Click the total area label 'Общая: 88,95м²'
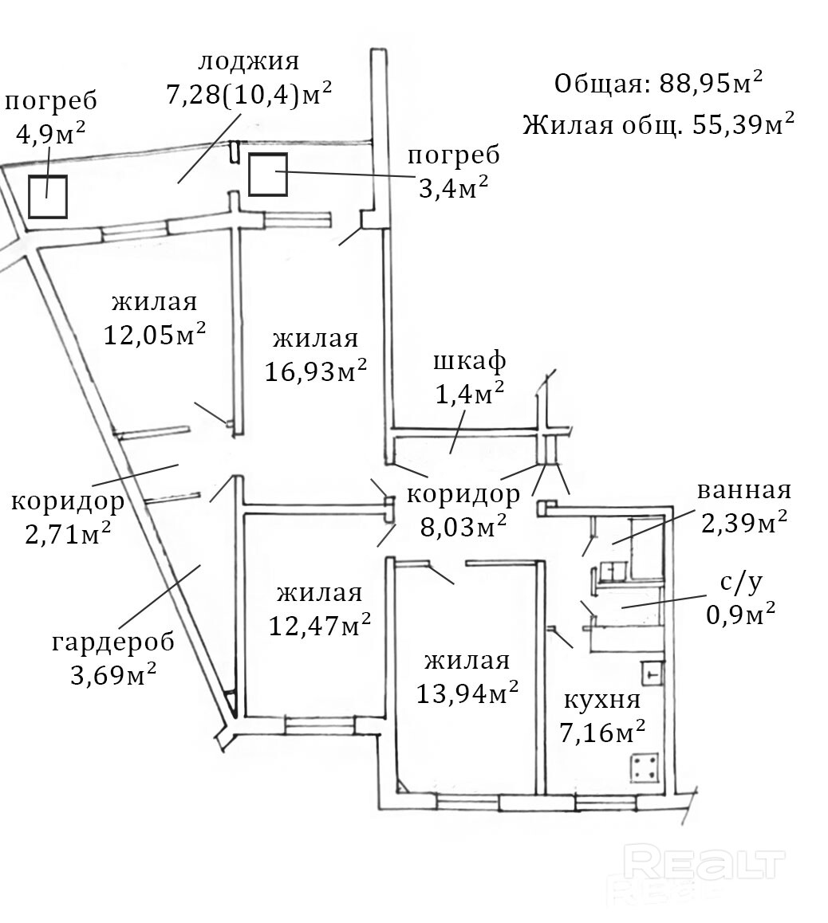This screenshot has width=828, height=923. [x=658, y=83]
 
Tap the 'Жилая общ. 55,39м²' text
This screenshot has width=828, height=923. [x=658, y=124]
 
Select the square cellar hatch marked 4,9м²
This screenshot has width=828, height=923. [x=47, y=197]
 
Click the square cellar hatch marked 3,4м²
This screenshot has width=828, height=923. [x=267, y=174]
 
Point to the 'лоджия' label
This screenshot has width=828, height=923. [x=248, y=61]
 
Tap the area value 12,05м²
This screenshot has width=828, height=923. [x=156, y=333]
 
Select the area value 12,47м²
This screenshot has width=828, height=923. [x=319, y=626]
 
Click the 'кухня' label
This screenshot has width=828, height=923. [x=602, y=700]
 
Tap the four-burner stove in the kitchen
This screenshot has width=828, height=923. [x=647, y=769]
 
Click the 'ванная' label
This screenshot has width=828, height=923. [x=743, y=489]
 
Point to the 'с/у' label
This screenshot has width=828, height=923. [x=742, y=583]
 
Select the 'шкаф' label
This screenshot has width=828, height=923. [x=469, y=361]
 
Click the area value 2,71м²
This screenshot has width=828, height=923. [x=68, y=533]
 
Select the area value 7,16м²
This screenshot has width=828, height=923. [x=602, y=733]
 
